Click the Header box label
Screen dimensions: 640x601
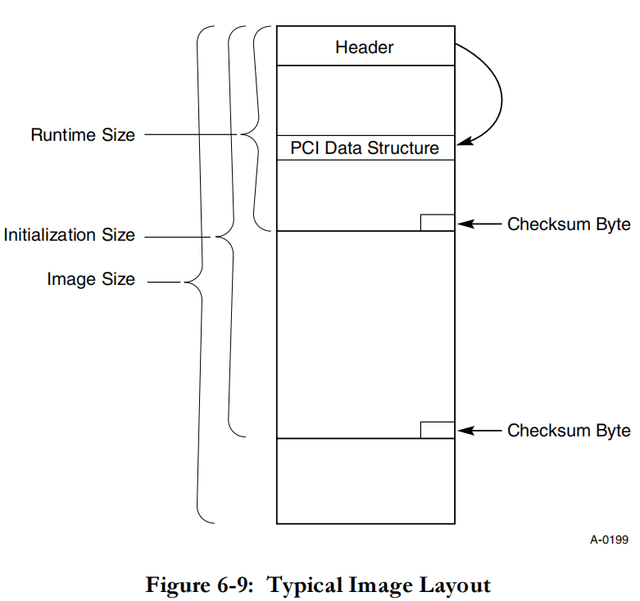[x=365, y=47]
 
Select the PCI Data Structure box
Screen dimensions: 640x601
[x=365, y=147]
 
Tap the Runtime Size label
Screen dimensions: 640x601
[x=83, y=135]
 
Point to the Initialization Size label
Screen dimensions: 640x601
[x=70, y=235]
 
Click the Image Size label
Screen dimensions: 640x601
[x=91, y=279]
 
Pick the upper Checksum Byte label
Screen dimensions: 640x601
[x=569, y=224]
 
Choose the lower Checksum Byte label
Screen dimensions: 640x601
[x=569, y=431]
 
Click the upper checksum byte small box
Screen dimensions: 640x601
[x=438, y=223]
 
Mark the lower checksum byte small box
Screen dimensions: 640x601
[x=438, y=430]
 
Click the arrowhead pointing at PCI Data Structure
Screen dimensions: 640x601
[x=464, y=141]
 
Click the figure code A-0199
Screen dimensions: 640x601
[x=609, y=540]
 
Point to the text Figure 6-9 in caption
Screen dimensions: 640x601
[x=200, y=585]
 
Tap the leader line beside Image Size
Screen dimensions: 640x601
[x=164, y=282]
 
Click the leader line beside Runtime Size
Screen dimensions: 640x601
[x=191, y=134]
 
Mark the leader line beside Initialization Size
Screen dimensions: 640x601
[x=178, y=237]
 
